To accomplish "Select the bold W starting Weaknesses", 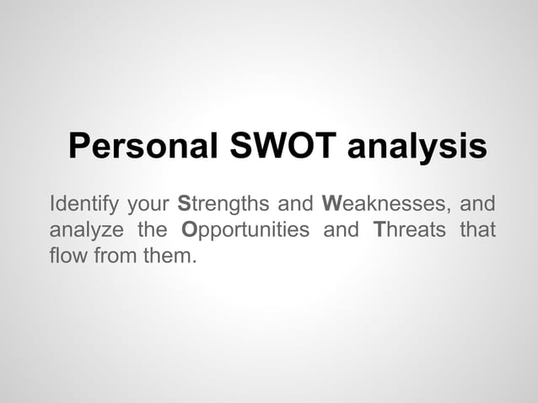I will [x=331, y=204].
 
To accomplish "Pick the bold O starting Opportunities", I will [x=191, y=229].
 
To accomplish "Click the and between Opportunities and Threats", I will [x=341, y=229].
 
